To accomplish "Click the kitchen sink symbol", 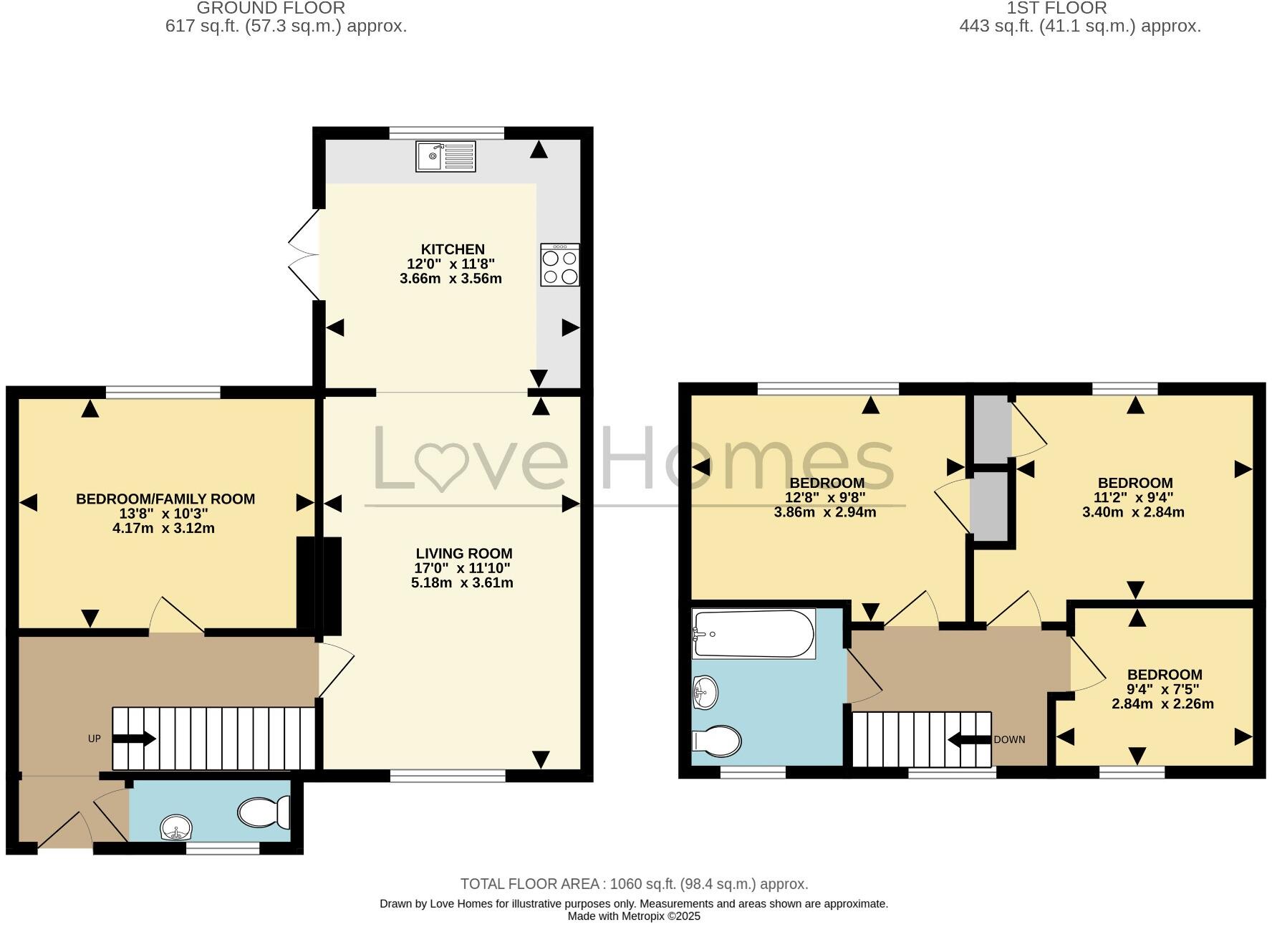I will click(x=445, y=156).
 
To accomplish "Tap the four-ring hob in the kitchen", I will click(x=560, y=265).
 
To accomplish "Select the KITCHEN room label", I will click(x=453, y=249).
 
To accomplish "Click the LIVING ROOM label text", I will click(x=464, y=553).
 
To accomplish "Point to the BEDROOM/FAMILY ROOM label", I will click(x=165, y=499).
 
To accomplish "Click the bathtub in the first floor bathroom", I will click(x=753, y=633).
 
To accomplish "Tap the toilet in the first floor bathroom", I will click(x=717, y=741).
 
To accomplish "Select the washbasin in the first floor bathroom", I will click(x=705, y=693).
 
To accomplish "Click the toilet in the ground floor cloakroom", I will click(x=263, y=812).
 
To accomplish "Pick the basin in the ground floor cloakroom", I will click(x=176, y=829).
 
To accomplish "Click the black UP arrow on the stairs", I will click(x=134, y=739).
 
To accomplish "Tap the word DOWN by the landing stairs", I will click(x=1009, y=739).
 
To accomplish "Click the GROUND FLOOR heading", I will click(x=271, y=9).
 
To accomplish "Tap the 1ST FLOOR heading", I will click(x=1056, y=9).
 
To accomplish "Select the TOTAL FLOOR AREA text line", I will click(x=634, y=884).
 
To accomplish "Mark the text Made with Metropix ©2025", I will click(x=634, y=916).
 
